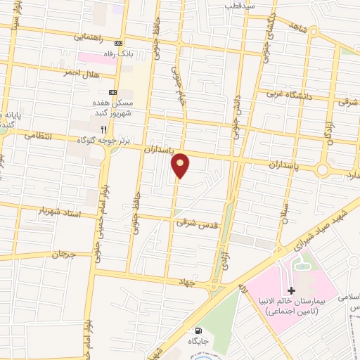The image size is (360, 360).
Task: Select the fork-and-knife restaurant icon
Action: click(104, 129)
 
